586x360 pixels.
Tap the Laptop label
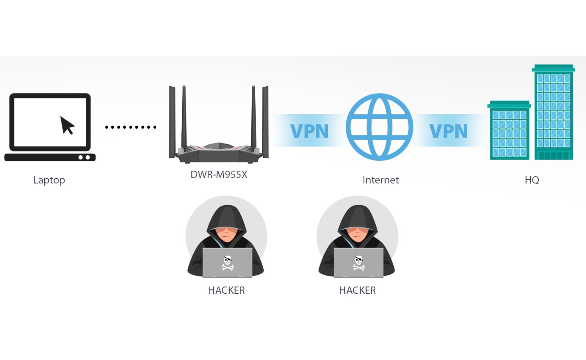[x=49, y=180]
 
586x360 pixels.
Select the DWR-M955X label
[x=219, y=174]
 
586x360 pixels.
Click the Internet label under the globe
[x=380, y=180]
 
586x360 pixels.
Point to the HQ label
[x=532, y=180]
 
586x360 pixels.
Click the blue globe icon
[x=379, y=127]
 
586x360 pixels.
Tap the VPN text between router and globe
[x=309, y=131]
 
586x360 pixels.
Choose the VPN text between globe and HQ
[x=448, y=131]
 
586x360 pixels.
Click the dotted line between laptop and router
[x=131, y=127]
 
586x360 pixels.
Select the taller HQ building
[x=554, y=112]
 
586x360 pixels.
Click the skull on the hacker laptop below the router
[x=228, y=263]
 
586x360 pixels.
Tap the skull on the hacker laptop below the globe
[x=359, y=263]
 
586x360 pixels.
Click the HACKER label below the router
[x=226, y=290]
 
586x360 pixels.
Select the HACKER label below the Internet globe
[x=358, y=290]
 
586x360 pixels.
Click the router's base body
[x=219, y=154]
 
